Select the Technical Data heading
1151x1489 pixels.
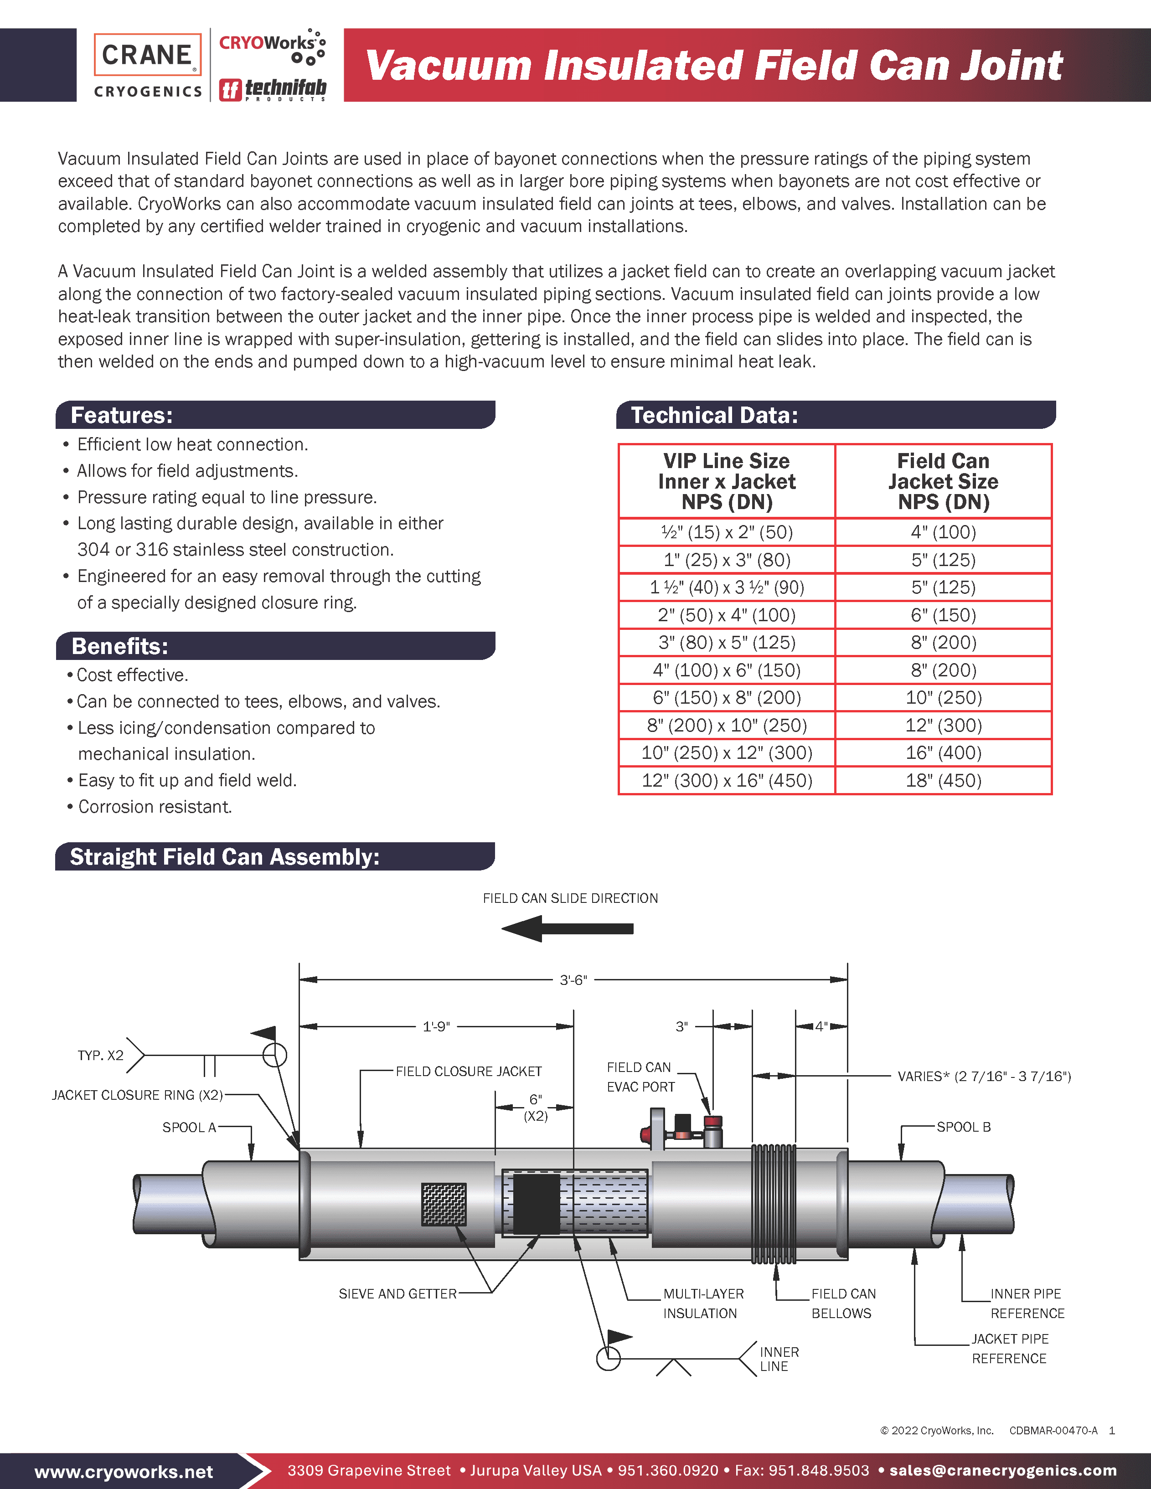click(714, 415)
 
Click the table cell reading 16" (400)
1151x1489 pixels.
click(943, 752)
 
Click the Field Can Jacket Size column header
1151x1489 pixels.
click(943, 481)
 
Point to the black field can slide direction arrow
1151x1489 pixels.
click(568, 928)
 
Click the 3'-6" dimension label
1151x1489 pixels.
click(573, 980)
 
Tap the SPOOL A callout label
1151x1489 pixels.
click(189, 1128)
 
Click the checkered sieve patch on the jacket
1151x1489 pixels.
click(444, 1205)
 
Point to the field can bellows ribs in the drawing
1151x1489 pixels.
click(774, 1205)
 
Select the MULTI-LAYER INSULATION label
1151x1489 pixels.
click(703, 1304)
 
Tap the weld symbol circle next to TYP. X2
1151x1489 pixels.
click(275, 1056)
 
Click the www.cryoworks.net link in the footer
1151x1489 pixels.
click(124, 1472)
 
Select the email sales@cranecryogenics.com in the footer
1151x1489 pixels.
click(1003, 1471)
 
